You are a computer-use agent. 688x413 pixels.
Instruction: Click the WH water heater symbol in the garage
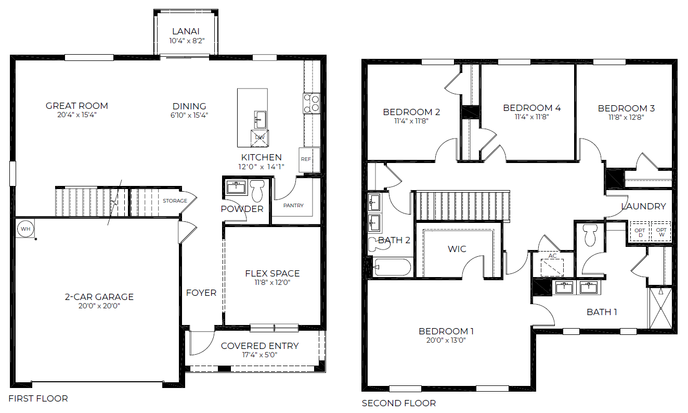coord(24,228)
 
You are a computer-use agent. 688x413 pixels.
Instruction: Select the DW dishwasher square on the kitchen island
coord(259,137)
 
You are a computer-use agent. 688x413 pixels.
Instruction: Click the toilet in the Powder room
coord(257,191)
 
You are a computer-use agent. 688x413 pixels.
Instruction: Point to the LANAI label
coord(185,31)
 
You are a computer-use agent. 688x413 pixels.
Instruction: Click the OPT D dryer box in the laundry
coord(640,232)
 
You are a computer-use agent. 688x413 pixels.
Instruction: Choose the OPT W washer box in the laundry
coord(661,232)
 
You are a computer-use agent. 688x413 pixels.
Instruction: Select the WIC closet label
coord(457,249)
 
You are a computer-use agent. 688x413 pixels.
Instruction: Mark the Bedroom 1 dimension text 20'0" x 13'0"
coord(446,341)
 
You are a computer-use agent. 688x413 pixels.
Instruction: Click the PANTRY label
coord(293,206)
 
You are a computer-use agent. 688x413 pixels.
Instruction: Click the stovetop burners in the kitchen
coord(311,103)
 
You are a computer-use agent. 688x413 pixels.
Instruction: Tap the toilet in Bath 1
coord(590,235)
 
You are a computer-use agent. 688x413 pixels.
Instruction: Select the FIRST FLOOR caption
coord(38,398)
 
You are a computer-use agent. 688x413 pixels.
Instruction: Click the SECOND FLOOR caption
coord(398,403)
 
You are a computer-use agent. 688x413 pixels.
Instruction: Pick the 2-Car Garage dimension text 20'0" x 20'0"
coord(99,306)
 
